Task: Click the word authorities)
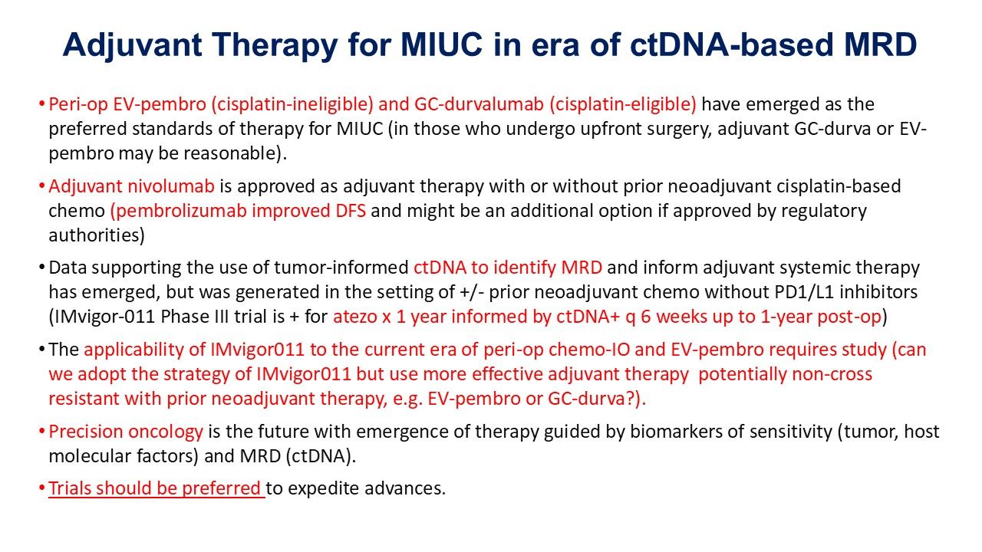(x=97, y=235)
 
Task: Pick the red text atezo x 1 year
(x=388, y=317)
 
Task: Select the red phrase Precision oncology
(x=126, y=432)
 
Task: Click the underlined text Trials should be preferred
(x=156, y=489)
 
